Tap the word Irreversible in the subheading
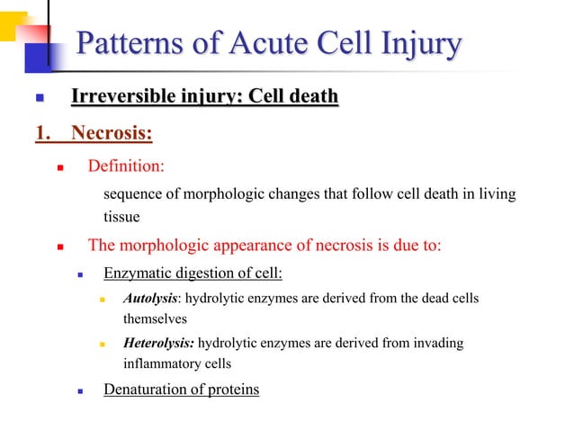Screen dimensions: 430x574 point(122,96)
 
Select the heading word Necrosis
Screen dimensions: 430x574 point(112,134)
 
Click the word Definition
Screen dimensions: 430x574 point(126,166)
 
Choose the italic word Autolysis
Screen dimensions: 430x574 point(149,299)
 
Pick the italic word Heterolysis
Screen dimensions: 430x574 point(158,343)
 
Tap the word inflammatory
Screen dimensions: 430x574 point(166,364)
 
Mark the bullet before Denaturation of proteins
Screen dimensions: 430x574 point(82,391)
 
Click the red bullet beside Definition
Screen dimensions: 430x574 point(60,167)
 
